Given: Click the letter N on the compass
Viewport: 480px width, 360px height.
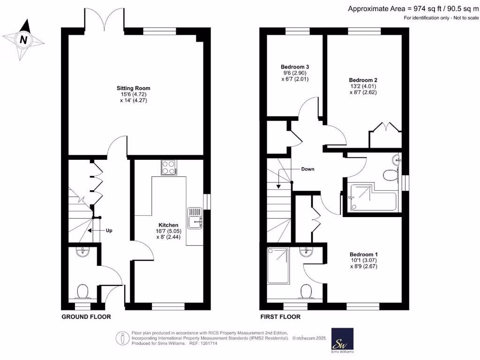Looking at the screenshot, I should pyautogui.click(x=22, y=40).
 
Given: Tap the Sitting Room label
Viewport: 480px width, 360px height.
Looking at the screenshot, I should pyautogui.click(x=134, y=88).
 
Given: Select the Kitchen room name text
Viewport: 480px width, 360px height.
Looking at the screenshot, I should pyautogui.click(x=168, y=225).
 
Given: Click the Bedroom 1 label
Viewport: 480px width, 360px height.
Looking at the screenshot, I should pyautogui.click(x=363, y=254).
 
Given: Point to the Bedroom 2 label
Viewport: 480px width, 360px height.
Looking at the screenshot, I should pyautogui.click(x=363, y=80).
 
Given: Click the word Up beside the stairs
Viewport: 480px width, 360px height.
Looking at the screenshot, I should pyautogui.click(x=109, y=231).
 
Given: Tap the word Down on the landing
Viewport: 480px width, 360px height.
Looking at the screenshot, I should pyautogui.click(x=307, y=169).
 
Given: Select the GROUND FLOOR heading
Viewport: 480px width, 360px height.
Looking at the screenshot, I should pyautogui.click(x=86, y=317).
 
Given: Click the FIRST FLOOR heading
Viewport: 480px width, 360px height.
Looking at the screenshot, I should pyautogui.click(x=280, y=317).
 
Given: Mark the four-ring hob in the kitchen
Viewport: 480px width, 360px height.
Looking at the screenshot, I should pyautogui.click(x=168, y=167).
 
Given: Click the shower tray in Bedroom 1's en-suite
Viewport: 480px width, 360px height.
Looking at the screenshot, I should pyautogui.click(x=278, y=265).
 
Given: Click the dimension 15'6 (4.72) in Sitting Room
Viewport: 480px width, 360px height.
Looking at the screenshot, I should pyautogui.click(x=134, y=94).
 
